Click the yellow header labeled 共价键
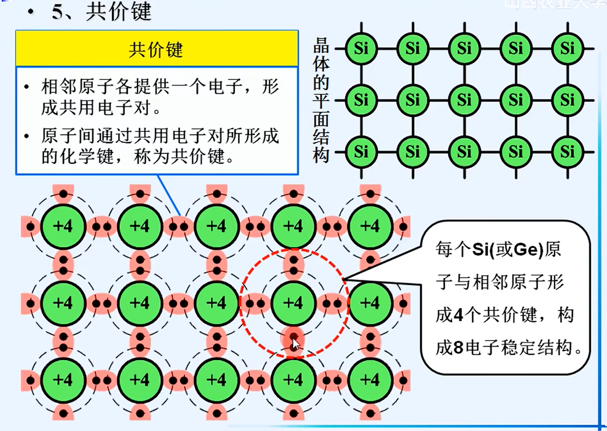(157, 49)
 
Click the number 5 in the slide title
(58, 12)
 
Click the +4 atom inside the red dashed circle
(293, 303)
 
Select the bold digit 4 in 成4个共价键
(459, 315)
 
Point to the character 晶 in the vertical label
(321, 46)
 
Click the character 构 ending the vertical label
(321, 155)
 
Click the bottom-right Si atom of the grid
(567, 151)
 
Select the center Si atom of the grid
(464, 100)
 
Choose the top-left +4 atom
(63, 226)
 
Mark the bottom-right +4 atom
(370, 380)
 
